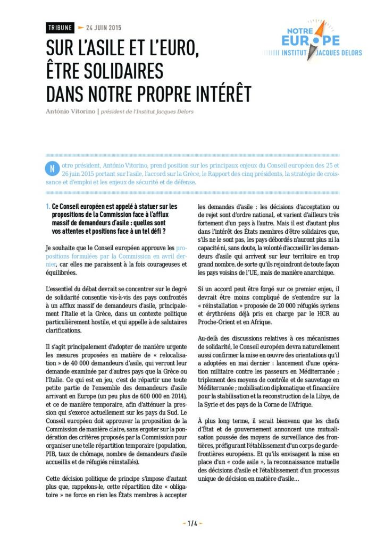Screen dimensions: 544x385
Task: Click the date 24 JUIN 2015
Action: pyautogui.click(x=101, y=28)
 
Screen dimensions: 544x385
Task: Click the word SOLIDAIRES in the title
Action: pyautogui.click(x=115, y=71)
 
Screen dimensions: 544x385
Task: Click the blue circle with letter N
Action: pyautogui.click(x=52, y=168)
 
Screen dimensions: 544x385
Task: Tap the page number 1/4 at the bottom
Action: pyautogui.click(x=192, y=523)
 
